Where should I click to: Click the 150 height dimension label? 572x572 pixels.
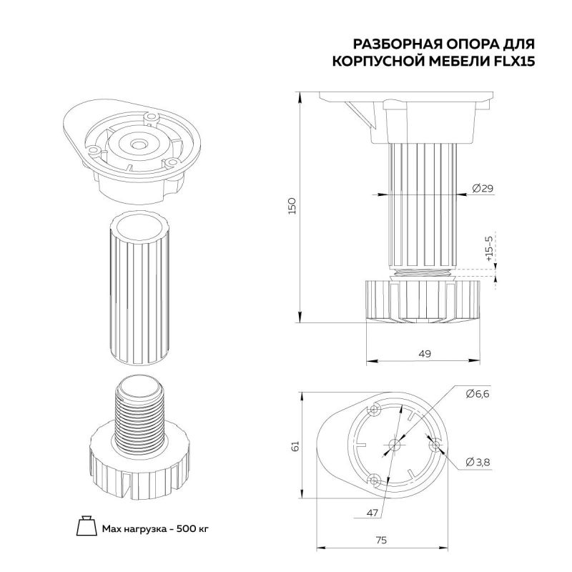(292, 206)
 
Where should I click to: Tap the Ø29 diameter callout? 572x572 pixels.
(482, 188)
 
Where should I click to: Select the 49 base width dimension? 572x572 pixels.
(425, 353)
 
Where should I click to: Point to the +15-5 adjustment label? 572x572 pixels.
(489, 249)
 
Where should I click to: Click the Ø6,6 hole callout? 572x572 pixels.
(478, 394)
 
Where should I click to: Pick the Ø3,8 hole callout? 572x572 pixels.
(478, 462)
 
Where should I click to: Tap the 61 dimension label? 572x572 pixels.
(295, 445)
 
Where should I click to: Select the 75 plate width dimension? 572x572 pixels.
(381, 540)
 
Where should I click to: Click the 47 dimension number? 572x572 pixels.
(372, 513)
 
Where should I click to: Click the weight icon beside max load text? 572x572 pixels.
(87, 526)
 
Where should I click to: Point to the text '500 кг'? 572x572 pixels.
(192, 528)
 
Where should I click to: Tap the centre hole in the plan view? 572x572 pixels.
(395, 445)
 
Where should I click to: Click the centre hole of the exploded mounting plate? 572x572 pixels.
(137, 145)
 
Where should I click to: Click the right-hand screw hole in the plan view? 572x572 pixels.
(435, 445)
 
